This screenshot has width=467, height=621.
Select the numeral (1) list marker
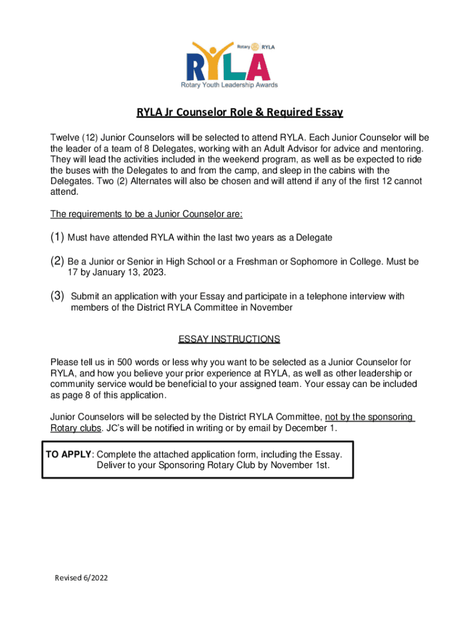pyautogui.click(x=58, y=237)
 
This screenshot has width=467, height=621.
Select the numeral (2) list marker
pyautogui.click(x=58, y=261)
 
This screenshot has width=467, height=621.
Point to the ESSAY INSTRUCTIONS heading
pyautogui.click(x=229, y=339)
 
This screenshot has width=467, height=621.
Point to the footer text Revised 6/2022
pyautogui.click(x=81, y=578)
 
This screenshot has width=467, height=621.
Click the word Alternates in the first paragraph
pyautogui.click(x=160, y=181)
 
